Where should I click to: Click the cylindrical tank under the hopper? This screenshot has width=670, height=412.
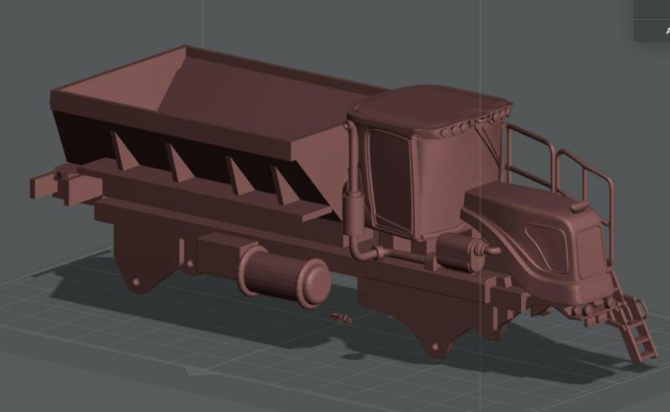point(285,276)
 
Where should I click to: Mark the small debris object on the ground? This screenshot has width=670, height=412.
point(341,317)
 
